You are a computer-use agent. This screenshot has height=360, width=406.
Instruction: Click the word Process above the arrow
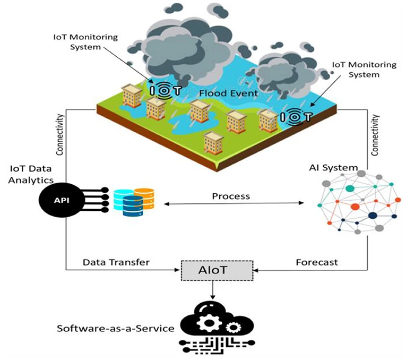click(231, 196)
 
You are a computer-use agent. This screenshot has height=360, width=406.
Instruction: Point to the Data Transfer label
click(116, 262)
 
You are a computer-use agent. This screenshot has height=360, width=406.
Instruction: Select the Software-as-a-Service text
click(116, 328)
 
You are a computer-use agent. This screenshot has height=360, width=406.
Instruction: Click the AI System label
click(333, 168)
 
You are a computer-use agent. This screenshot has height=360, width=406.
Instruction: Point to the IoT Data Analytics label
click(31, 174)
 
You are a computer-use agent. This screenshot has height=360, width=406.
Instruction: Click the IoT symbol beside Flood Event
click(166, 91)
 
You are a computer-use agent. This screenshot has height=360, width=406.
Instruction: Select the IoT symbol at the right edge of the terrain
click(295, 114)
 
